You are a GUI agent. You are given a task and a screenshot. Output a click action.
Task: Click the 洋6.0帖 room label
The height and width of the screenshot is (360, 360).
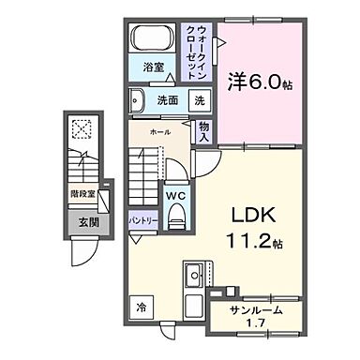(259, 83)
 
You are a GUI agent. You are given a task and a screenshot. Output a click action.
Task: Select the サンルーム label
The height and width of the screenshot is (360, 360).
(255, 311)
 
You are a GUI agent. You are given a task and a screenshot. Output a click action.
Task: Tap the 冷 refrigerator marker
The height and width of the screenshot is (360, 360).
(140, 307)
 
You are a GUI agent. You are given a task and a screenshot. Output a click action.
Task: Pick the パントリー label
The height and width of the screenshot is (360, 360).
(142, 219)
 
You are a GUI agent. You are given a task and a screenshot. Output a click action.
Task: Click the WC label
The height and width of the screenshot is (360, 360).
(174, 196)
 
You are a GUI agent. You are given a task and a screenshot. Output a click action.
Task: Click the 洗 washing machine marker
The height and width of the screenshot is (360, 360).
(199, 100)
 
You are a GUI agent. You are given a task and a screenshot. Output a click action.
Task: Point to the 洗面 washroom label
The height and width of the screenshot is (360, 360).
(166, 100)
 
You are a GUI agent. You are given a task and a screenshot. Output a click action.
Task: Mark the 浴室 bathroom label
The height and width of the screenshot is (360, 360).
(154, 67)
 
